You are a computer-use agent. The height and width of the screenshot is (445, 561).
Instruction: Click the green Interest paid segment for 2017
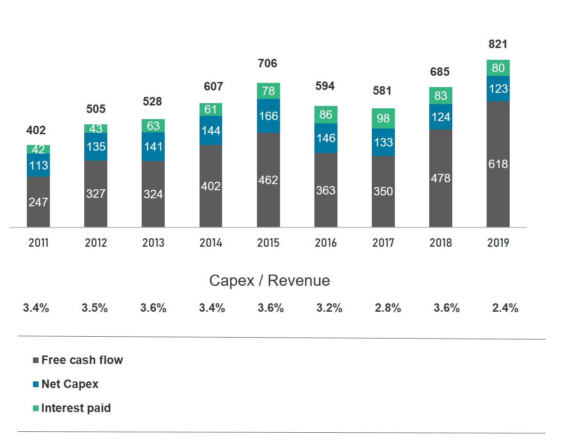383,118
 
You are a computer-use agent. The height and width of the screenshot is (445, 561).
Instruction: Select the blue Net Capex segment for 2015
268,116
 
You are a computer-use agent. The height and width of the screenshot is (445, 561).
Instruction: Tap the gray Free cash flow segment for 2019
498,164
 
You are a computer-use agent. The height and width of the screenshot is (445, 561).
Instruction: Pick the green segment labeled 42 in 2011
38,149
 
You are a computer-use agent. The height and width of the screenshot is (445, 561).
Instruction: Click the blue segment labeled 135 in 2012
96,146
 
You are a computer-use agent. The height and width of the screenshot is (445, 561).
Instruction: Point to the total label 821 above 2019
498,44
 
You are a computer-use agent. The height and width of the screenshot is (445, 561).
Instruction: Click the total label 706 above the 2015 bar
268,64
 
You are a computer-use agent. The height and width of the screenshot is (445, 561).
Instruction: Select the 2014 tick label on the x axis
210,243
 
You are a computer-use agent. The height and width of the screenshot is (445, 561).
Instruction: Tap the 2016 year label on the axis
326,243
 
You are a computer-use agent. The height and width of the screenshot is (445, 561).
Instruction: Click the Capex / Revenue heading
269,281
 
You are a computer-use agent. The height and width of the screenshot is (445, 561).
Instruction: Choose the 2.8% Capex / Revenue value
388,308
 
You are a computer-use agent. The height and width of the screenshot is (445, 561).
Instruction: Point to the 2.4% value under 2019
505,308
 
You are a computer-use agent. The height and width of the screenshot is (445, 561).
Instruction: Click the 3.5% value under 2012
95,308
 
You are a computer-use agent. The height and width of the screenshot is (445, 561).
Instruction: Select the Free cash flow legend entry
82,360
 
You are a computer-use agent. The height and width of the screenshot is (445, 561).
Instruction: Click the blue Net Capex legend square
36,384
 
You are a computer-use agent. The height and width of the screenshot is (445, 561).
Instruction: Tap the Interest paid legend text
76,408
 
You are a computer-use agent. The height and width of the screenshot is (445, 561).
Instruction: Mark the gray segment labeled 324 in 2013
153,194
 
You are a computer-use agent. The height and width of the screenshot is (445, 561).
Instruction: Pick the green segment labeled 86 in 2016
326,114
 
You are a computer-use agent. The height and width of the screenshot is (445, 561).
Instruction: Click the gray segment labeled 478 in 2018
441,178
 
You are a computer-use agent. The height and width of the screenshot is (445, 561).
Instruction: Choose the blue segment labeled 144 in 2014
210,130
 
